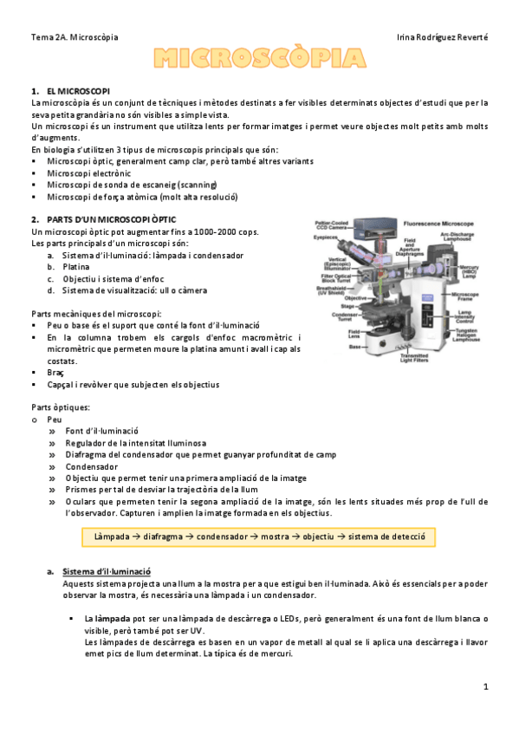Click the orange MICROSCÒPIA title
(x=258, y=59)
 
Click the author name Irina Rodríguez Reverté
(x=441, y=37)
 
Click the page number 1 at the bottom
(x=486, y=686)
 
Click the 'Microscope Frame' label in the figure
(x=468, y=297)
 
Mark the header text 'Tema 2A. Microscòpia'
(x=75, y=37)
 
